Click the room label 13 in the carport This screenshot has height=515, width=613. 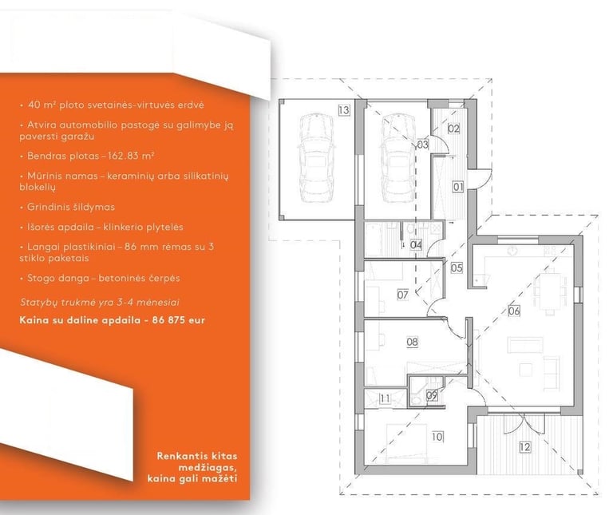(x=343, y=110)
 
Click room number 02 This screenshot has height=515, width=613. (x=453, y=128)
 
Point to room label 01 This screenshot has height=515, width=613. (x=458, y=187)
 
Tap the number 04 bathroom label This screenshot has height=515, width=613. (x=416, y=244)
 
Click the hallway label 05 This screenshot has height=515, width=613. (x=457, y=268)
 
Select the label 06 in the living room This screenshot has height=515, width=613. (x=514, y=311)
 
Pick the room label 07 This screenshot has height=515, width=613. (x=402, y=295)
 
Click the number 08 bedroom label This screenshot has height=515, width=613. (x=412, y=342)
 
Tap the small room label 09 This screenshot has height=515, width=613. (x=432, y=394)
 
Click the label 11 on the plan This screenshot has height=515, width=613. (x=385, y=397)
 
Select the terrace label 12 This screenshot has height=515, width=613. (x=524, y=447)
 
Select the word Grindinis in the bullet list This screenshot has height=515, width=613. (x=49, y=207)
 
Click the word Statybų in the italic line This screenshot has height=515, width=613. (x=38, y=303)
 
